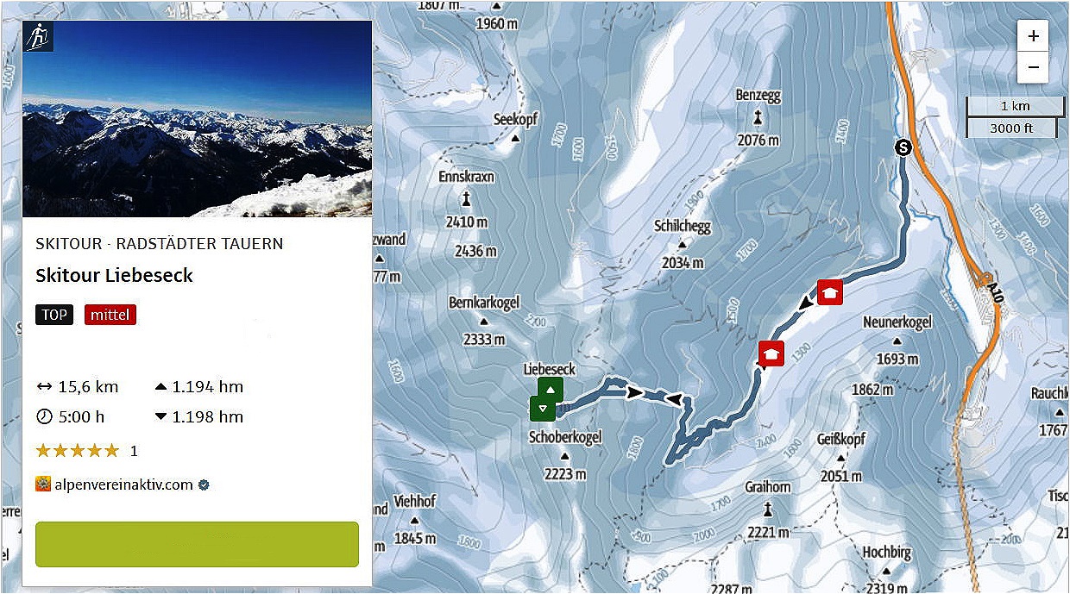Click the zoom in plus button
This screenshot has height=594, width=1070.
1033,37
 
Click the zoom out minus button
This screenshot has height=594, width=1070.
1033,67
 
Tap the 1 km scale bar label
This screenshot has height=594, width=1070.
1016,107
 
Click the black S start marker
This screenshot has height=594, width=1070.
903,147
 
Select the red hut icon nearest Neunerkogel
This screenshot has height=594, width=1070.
830,293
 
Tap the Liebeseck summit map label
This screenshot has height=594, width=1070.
549,369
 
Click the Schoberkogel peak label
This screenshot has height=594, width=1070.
565,437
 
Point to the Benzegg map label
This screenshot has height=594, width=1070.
758,95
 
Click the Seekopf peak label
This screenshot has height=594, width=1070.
516,120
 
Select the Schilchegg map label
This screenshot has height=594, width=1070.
683,227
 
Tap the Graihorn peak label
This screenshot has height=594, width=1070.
767,487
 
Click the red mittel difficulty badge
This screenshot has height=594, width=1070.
110,315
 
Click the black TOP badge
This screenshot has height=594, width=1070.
54,315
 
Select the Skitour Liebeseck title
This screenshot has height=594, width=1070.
114,276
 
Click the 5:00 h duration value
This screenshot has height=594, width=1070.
81,416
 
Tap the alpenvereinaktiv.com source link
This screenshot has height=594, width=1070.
123,485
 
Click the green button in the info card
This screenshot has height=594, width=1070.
197,544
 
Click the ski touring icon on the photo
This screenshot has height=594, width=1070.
38,36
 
